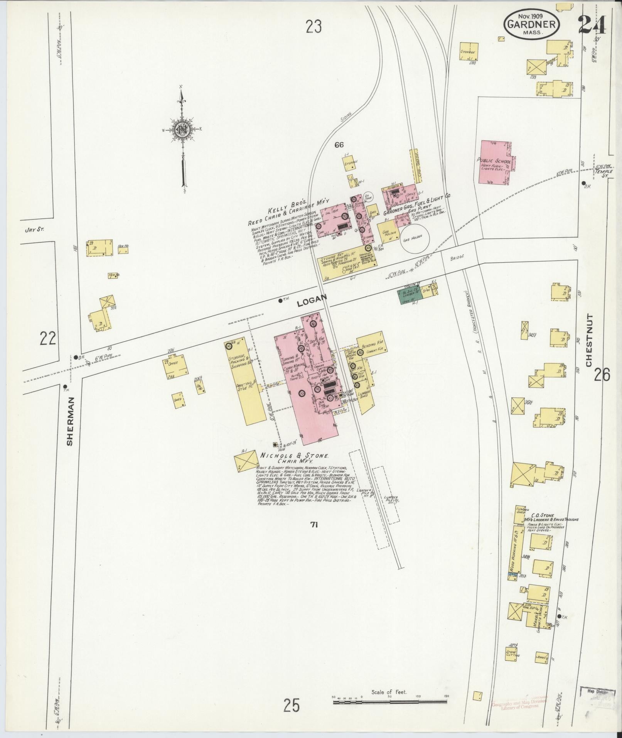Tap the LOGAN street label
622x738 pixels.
(312, 300)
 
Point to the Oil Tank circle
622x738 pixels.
(367, 197)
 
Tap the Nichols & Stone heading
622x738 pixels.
(295, 456)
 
